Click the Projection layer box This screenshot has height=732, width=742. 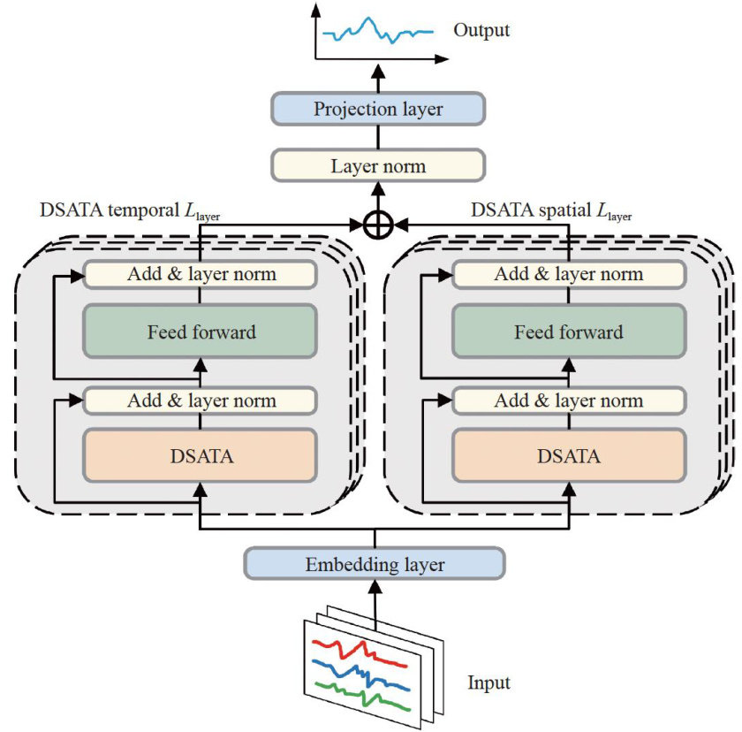pyautogui.click(x=378, y=110)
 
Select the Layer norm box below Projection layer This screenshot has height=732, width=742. pyautogui.click(x=378, y=165)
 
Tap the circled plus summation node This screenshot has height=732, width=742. pyautogui.click(x=378, y=225)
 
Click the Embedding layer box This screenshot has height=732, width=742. pyautogui.click(x=374, y=564)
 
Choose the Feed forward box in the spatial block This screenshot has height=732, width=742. pyautogui.click(x=568, y=332)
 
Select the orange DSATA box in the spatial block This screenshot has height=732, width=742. pyautogui.click(x=568, y=456)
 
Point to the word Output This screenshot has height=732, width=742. pyautogui.click(x=481, y=31)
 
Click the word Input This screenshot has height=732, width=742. pyautogui.click(x=488, y=682)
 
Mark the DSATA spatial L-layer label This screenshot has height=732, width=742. pyautogui.click(x=551, y=211)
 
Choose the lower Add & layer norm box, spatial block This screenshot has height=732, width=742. pyautogui.click(x=568, y=400)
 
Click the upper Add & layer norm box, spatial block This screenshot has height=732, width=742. pyautogui.click(x=568, y=274)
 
